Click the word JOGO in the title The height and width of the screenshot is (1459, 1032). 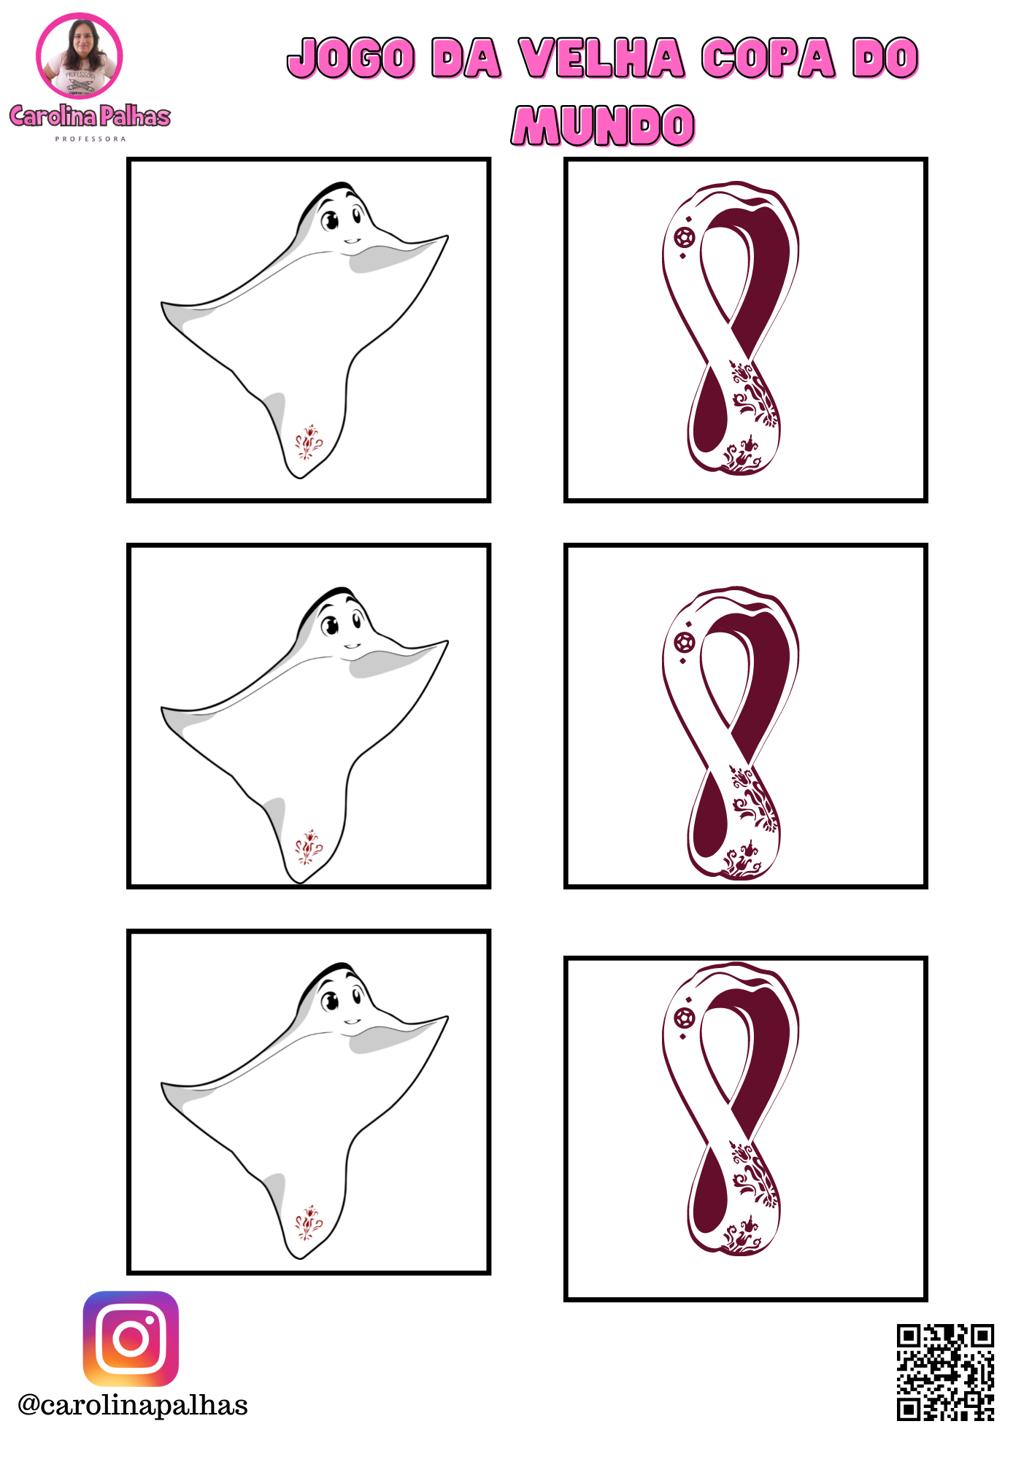click(x=352, y=58)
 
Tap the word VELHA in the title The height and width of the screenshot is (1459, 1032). click(x=602, y=58)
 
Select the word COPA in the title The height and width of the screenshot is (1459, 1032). click(x=769, y=58)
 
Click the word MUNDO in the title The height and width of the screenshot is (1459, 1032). click(x=603, y=125)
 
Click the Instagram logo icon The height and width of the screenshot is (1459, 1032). click(x=131, y=1339)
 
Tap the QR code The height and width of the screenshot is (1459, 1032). click(x=946, y=1372)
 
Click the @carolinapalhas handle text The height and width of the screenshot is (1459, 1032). click(x=133, y=1405)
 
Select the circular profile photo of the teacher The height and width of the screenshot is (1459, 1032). click(x=80, y=56)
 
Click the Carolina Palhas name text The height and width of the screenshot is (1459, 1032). click(x=90, y=116)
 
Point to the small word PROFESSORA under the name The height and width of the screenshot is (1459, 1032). click(x=91, y=139)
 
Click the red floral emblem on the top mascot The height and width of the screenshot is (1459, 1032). click(x=308, y=442)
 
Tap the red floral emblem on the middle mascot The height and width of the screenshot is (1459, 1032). click(x=308, y=847)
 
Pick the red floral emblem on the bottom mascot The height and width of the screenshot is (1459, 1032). click(x=308, y=1223)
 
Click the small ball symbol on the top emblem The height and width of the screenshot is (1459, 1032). click(x=685, y=238)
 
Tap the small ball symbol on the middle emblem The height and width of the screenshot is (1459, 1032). click(x=685, y=643)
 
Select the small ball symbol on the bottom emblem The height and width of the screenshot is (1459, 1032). click(x=685, y=1017)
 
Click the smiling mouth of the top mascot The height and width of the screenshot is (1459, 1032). click(x=353, y=241)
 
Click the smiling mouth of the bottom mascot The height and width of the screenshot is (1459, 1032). click(x=353, y=1021)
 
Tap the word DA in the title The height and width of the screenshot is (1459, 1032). click(x=466, y=58)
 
